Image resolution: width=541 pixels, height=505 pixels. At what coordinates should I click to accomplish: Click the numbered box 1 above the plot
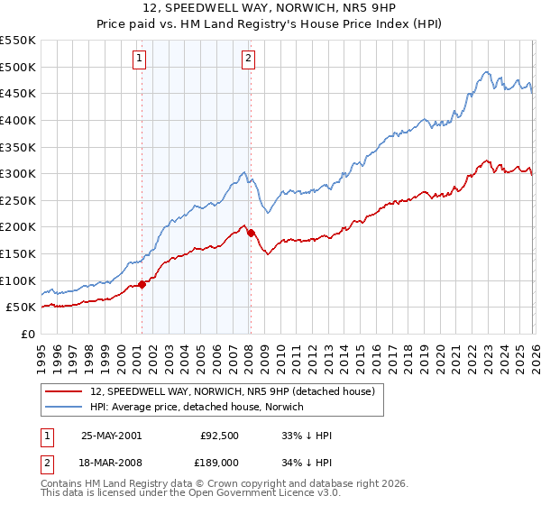pos(141,60)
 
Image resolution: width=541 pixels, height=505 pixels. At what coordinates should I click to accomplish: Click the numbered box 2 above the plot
pos(248,60)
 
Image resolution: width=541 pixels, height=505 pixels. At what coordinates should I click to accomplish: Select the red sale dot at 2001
pos(142,284)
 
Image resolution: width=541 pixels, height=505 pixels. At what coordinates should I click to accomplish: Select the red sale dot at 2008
pos(251,233)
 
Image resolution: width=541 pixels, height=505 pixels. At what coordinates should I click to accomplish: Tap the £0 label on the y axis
pos(27,334)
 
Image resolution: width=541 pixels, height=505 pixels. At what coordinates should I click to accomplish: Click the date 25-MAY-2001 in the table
pos(111,436)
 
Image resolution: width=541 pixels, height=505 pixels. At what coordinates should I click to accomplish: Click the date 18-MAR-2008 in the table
pos(111,464)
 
